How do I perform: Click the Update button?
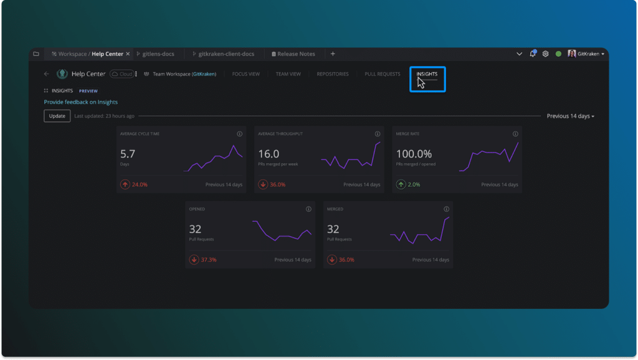point(57,116)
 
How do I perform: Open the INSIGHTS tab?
point(427,74)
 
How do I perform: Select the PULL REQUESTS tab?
point(382,74)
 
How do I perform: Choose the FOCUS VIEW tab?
point(245,74)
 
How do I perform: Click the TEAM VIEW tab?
point(288,74)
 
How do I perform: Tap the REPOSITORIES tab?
point(332,74)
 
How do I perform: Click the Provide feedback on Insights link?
point(80,102)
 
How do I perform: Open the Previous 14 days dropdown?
point(570,116)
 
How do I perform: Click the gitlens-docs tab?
point(158,54)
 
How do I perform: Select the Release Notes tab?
point(296,54)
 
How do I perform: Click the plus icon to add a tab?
point(333,54)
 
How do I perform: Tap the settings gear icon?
point(545,54)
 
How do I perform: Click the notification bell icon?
point(533,54)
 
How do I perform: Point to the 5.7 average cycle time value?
point(127,154)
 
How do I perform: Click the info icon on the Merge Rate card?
point(515,134)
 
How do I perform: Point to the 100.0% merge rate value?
point(414,154)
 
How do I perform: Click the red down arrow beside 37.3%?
point(194,260)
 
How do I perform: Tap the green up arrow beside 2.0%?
point(401,184)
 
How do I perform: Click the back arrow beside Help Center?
point(46,74)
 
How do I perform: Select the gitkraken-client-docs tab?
point(225,54)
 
